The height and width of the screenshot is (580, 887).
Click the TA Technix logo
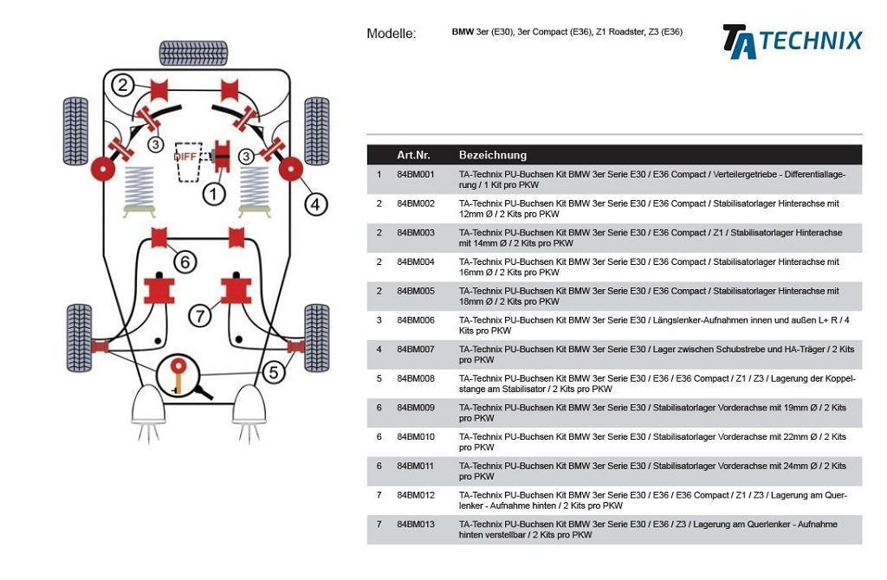[x=792, y=41]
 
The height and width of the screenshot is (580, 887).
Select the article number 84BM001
[x=416, y=175]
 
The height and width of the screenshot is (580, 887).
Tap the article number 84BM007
[x=416, y=349]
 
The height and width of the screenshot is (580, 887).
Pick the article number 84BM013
[x=416, y=524]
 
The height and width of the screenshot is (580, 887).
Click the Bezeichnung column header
[x=492, y=155]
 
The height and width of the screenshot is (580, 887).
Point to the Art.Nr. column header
[x=413, y=155]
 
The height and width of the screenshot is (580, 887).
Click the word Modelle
[x=391, y=34]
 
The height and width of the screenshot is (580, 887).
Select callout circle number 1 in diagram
[x=214, y=194]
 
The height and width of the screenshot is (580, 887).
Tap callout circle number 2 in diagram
[x=123, y=85]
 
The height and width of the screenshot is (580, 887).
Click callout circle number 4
[x=315, y=204]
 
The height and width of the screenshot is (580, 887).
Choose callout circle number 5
[x=274, y=372]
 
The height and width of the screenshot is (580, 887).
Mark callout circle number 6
[x=185, y=261]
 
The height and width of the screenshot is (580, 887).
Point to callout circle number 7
[x=200, y=315]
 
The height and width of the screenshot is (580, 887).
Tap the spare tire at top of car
[x=193, y=54]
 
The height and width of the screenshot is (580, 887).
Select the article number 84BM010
[x=416, y=436]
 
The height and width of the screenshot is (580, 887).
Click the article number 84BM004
[x=416, y=261]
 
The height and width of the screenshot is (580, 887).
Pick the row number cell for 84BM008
[x=379, y=378]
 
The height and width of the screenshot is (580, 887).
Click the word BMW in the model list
[x=463, y=32]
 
